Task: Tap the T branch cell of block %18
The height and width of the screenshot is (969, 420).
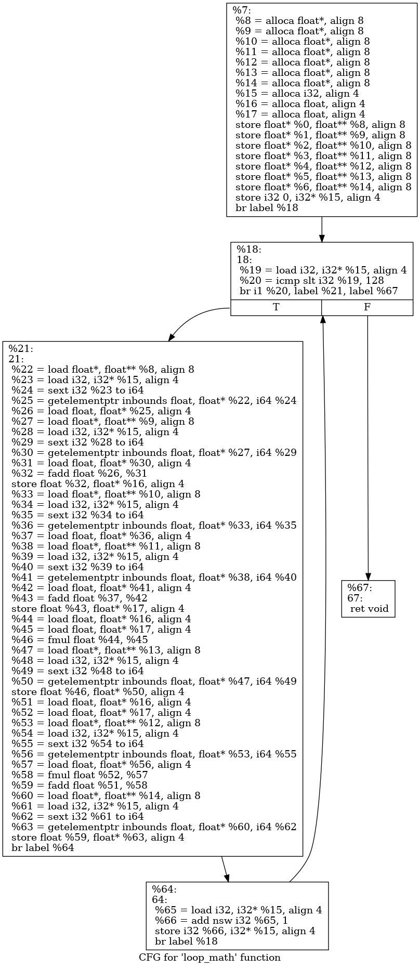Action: coord(276,307)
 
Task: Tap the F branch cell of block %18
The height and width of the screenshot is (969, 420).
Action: coord(367,307)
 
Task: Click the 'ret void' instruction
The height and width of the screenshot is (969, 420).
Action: coord(369,609)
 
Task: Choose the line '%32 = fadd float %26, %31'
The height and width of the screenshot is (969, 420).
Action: coord(79,473)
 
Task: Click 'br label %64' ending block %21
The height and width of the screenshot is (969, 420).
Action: coord(43,847)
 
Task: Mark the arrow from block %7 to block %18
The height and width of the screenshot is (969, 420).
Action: coord(322,229)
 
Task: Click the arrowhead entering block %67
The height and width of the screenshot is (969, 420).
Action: coord(368,575)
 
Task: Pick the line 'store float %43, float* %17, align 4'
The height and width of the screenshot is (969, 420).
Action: coord(97,608)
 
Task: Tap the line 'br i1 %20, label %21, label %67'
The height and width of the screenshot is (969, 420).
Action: coord(318,291)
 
